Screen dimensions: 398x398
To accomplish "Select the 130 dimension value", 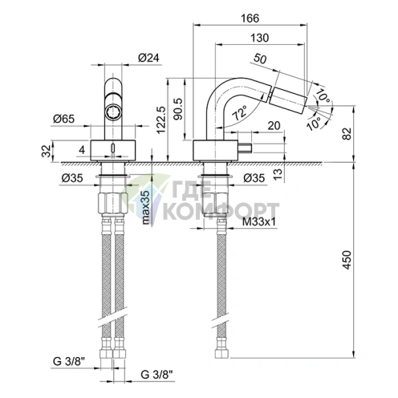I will [258, 38].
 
